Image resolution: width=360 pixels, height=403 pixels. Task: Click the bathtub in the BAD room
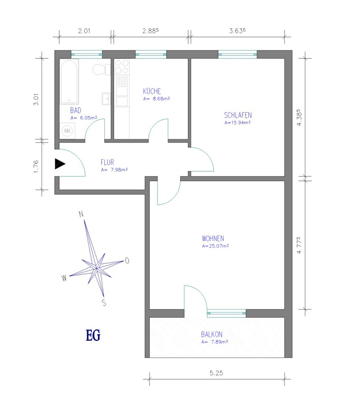click(69, 82)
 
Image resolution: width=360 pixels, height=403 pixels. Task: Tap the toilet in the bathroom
click(101, 69)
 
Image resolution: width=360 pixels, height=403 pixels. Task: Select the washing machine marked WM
click(67, 131)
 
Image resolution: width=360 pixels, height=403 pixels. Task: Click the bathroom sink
click(106, 99)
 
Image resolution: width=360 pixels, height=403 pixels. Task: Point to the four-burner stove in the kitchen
click(122, 66)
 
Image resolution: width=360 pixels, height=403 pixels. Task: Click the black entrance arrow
click(60, 164)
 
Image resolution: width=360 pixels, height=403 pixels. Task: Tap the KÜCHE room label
click(152, 91)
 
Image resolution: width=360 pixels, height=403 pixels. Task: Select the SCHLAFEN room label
click(238, 115)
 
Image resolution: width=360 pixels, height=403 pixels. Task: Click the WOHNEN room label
click(213, 239)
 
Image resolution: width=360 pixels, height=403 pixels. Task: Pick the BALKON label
click(211, 334)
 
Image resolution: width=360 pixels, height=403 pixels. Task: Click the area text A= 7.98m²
click(114, 170)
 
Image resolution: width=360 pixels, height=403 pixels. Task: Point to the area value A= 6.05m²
click(84, 118)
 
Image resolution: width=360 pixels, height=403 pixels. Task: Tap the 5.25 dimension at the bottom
click(216, 373)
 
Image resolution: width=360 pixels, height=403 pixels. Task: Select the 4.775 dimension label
click(299, 245)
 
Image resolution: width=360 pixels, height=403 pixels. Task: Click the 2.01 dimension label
click(84, 31)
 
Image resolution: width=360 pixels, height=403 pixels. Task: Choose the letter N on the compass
click(81, 214)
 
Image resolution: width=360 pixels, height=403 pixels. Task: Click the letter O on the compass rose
click(127, 261)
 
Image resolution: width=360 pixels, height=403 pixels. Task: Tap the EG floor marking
click(93, 335)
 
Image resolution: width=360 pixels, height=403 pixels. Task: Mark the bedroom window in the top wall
click(238, 54)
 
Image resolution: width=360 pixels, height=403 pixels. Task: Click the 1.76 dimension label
click(36, 166)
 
